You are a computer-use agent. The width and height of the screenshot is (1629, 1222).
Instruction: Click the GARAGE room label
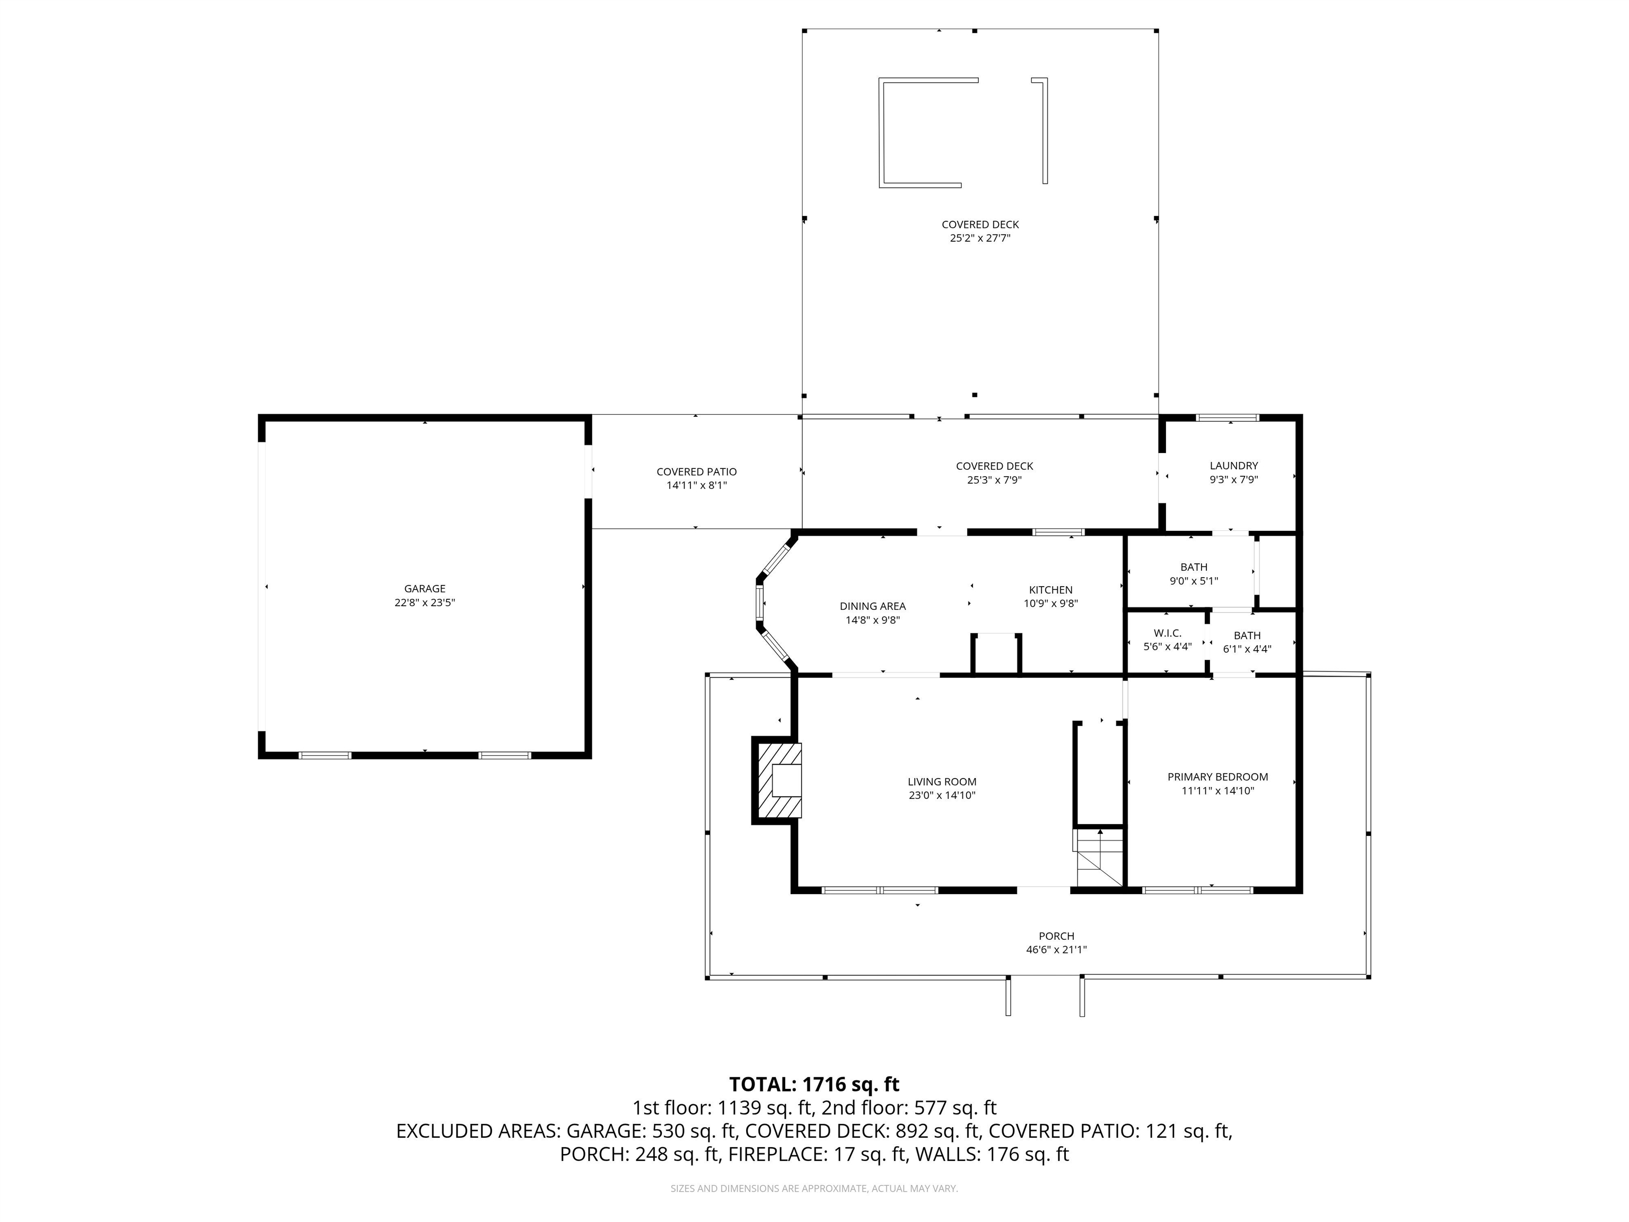425,589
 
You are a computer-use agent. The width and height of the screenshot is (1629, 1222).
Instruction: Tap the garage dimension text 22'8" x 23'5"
425,603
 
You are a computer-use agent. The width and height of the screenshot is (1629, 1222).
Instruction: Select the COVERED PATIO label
697,472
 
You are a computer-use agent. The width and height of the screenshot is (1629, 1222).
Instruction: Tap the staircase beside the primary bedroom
1099,858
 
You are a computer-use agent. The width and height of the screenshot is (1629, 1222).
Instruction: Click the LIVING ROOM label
942,782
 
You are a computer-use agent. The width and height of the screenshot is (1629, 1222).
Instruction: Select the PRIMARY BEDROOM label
1218,777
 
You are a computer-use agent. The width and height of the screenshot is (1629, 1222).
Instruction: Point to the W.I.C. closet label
1167,633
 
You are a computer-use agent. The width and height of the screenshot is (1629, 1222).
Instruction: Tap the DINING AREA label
873,606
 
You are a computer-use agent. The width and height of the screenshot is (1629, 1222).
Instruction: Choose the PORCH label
1056,936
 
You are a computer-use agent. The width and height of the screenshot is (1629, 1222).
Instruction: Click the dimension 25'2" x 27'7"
979,239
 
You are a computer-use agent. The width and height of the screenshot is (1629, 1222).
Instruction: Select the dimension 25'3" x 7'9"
994,480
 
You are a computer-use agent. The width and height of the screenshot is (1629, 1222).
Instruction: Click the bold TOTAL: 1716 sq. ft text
814,1084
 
